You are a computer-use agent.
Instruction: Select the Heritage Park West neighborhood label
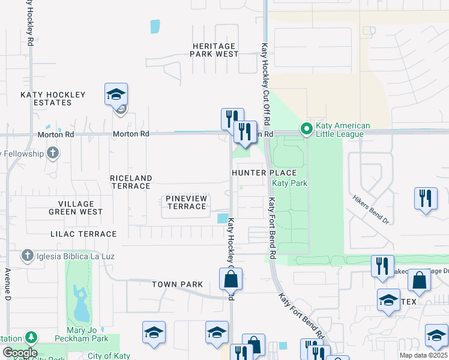point(214,50)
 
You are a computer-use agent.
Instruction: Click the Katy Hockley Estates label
point(53,98)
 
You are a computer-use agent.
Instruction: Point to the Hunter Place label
point(257,173)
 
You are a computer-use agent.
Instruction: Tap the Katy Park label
point(285,183)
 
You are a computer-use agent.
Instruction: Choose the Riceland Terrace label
point(130,182)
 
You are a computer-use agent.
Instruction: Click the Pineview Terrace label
point(186,202)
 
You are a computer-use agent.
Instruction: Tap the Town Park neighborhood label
point(177,284)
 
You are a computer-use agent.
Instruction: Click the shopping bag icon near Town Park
point(231,279)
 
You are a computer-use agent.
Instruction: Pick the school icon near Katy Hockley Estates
point(116,95)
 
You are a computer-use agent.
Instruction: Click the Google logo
point(19,353)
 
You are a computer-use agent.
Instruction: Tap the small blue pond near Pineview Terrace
point(223,218)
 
